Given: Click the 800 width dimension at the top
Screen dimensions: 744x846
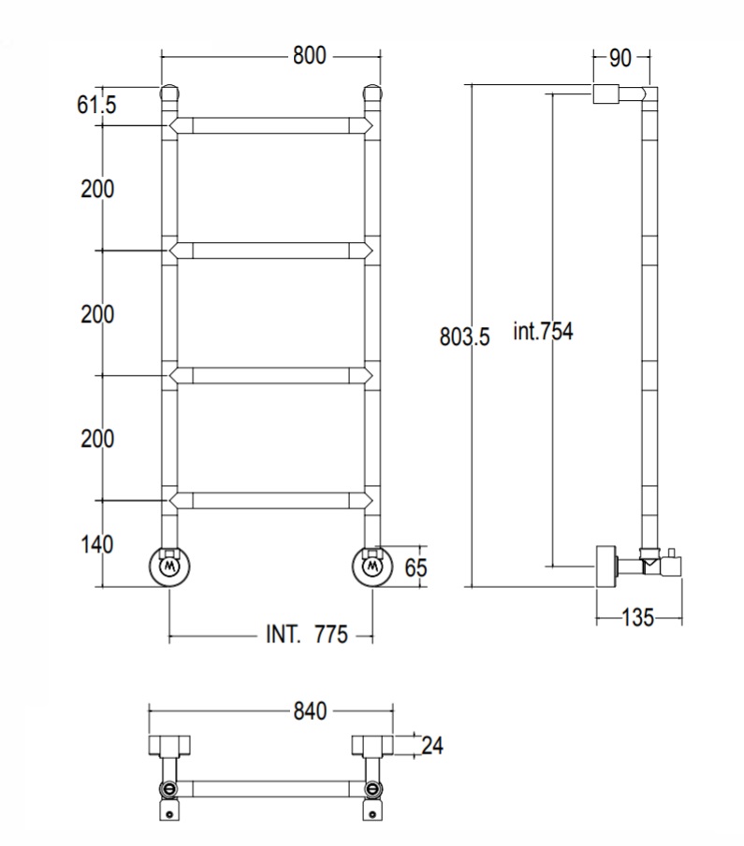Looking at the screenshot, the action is pos(310,55).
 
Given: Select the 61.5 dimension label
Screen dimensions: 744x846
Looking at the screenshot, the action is pos(96,105).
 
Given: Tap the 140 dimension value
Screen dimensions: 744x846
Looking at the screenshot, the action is pos(97,544).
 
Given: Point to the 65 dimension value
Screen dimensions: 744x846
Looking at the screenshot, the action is pos(416,567).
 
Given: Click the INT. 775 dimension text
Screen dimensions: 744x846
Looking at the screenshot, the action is pos(307,635).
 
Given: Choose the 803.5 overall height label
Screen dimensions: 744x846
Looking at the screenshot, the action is pos(465,337).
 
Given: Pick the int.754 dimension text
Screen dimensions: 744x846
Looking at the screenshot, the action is pos(543,331).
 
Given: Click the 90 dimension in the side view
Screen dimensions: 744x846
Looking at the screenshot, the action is pos(620,58).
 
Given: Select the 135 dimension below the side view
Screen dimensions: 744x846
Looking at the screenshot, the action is pos(637,617).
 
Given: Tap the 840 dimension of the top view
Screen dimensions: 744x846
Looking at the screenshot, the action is pos(310,711).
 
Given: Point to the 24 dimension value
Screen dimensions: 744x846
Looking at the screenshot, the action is pos(432,746).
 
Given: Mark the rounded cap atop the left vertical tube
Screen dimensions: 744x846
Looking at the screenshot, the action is pos(169,93).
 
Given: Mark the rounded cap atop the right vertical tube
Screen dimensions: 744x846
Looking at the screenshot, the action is pos(372,93).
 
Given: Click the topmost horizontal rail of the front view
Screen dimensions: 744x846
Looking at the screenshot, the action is pos(270,125).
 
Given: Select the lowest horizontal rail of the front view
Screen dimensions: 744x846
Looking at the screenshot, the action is pos(270,500).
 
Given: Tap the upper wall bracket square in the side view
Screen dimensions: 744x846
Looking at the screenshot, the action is pos(606,93).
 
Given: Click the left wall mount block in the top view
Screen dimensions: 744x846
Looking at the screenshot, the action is pos(169,745).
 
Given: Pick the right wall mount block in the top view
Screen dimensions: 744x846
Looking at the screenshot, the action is pos(372,745).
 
